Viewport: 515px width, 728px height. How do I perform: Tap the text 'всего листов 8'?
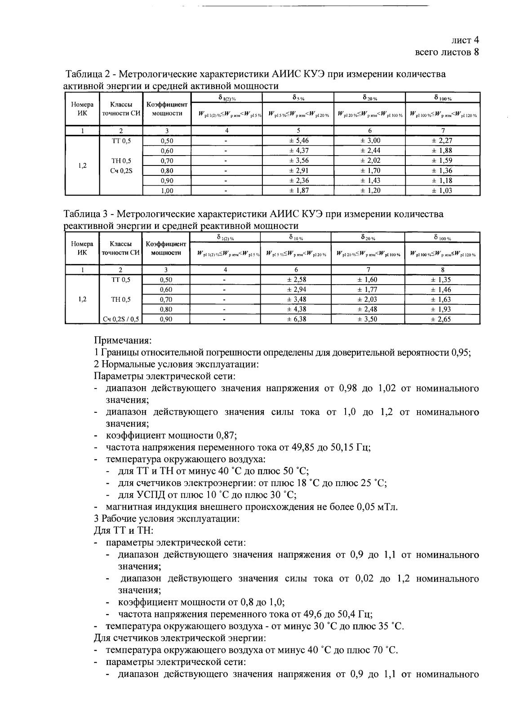pyautogui.click(x=447, y=52)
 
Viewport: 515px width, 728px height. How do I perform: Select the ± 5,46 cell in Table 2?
pyautogui.click(x=298, y=141)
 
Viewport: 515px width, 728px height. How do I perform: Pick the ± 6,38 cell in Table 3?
pyautogui.click(x=297, y=319)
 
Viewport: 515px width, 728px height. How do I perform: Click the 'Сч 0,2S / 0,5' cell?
pyautogui.click(x=121, y=319)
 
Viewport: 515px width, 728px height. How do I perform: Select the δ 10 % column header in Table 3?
pyautogui.click(x=296, y=237)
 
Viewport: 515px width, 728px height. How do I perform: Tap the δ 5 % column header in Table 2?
pyautogui.click(x=298, y=97)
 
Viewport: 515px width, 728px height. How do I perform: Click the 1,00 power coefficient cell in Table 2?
pyautogui.click(x=167, y=191)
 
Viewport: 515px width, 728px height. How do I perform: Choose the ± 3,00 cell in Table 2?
pyautogui.click(x=370, y=141)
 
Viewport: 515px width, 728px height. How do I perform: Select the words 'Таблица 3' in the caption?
pyautogui.click(x=84, y=214)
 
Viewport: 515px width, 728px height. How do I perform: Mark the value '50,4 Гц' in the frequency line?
pyautogui.click(x=356, y=614)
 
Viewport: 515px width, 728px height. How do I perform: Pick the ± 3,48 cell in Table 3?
pyautogui.click(x=297, y=299)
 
